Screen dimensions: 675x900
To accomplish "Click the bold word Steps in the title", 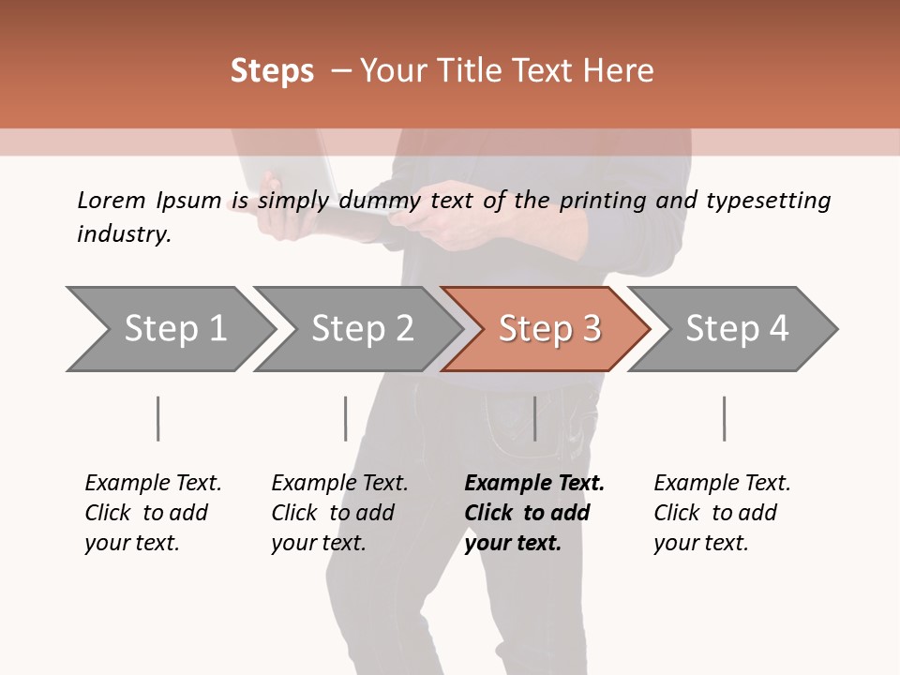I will click(x=272, y=71).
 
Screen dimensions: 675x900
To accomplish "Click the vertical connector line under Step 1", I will click(x=157, y=418).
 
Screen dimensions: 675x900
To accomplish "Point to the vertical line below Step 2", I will click(x=345, y=418).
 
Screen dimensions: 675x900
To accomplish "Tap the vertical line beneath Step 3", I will click(x=534, y=418).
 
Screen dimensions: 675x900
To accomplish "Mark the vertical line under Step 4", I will click(x=724, y=418).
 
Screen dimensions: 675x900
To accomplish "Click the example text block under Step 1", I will click(x=152, y=513).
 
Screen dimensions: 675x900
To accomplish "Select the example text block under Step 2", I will click(x=338, y=513).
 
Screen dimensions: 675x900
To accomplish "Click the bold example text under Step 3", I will click(x=533, y=513).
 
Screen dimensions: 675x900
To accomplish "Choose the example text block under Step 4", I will click(x=721, y=513).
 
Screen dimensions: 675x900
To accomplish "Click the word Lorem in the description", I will click(x=112, y=200).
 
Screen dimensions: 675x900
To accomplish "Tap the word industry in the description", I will click(x=124, y=234).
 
